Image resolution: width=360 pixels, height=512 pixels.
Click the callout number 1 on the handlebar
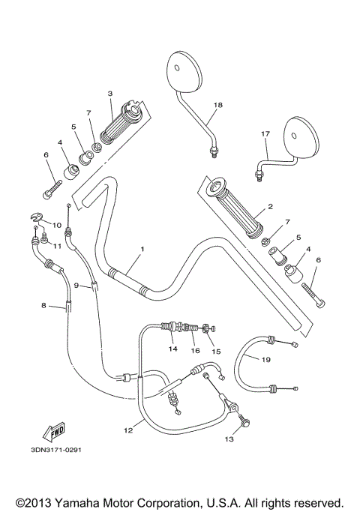point(142,249)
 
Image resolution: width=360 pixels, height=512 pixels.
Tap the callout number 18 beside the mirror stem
point(218,105)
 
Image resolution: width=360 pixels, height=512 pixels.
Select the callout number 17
point(265,134)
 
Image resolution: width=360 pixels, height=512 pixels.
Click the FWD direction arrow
point(54,433)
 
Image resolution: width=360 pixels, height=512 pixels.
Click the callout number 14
point(172,349)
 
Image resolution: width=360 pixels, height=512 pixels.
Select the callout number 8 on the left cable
point(43,305)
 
